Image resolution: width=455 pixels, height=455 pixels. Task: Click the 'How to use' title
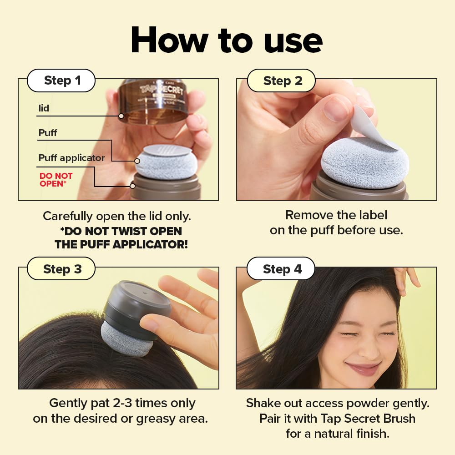[227, 40]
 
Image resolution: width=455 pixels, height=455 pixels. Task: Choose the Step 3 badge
[62, 268]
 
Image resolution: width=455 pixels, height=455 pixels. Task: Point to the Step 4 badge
[282, 268]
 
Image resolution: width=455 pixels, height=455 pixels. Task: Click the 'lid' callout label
[44, 109]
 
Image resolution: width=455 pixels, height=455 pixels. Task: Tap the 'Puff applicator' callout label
[71, 158]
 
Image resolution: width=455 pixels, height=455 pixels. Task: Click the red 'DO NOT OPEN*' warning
[56, 179]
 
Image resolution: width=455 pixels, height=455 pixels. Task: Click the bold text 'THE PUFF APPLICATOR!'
[121, 244]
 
